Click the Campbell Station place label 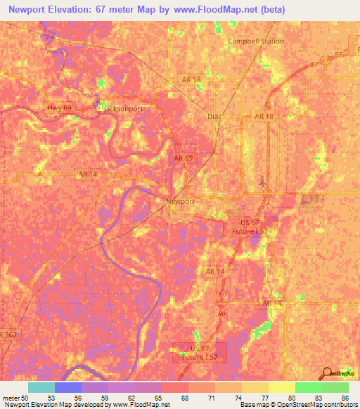pyautogui.click(x=256, y=41)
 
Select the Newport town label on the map pyautogui.click(x=179, y=202)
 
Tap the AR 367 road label pyautogui.click(x=8, y=335)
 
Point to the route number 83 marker pyautogui.click(x=265, y=201)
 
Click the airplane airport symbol pyautogui.click(x=263, y=181)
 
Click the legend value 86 pyautogui.click(x=345, y=398)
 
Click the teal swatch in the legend pyautogui.click(x=41, y=387)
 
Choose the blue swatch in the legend pyautogui.click(x=67, y=387)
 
